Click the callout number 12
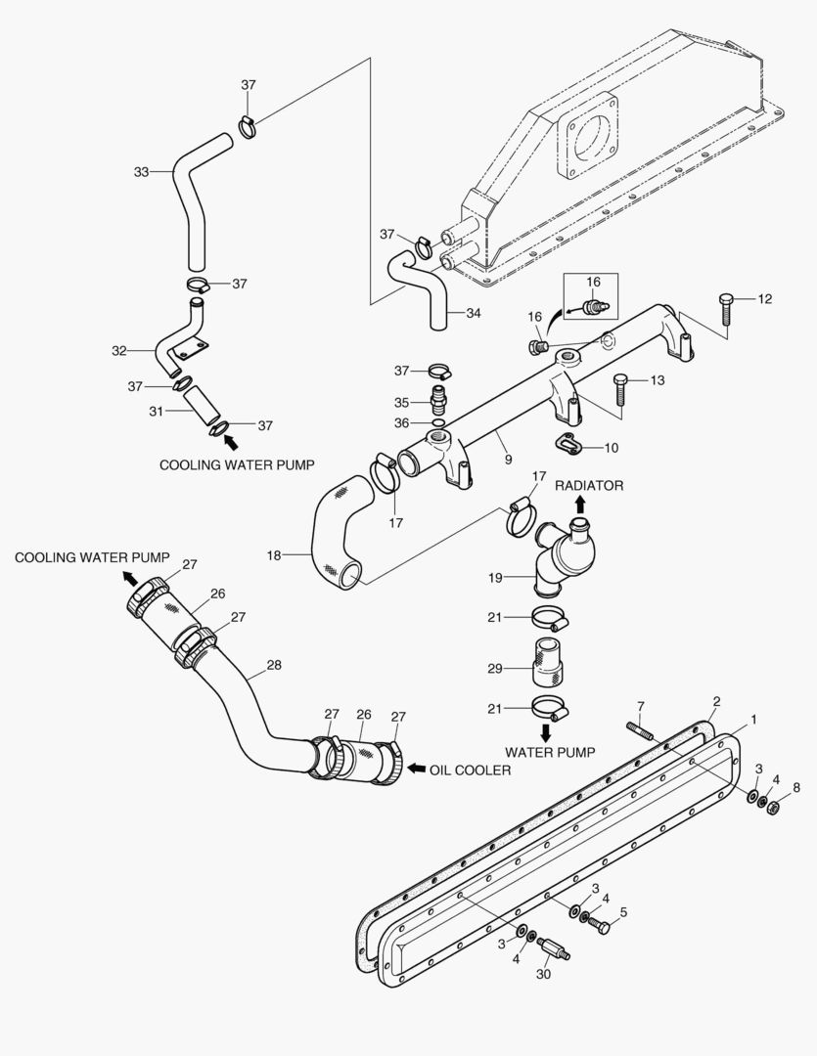point(765,299)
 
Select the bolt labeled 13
point(619,388)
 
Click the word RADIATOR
point(589,485)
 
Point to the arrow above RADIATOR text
point(579,504)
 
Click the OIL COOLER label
point(470,770)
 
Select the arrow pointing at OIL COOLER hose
point(415,770)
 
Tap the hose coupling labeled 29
point(547,663)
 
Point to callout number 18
point(274,555)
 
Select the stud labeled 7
point(638,729)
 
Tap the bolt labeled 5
point(598,925)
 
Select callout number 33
point(142,172)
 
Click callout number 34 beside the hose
point(473,314)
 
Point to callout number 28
point(274,665)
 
